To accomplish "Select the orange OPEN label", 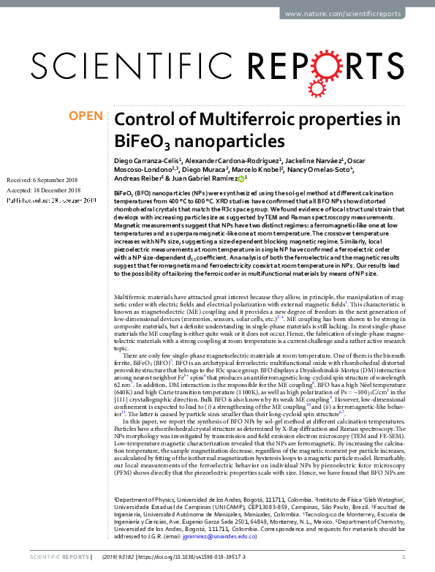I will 86,116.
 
